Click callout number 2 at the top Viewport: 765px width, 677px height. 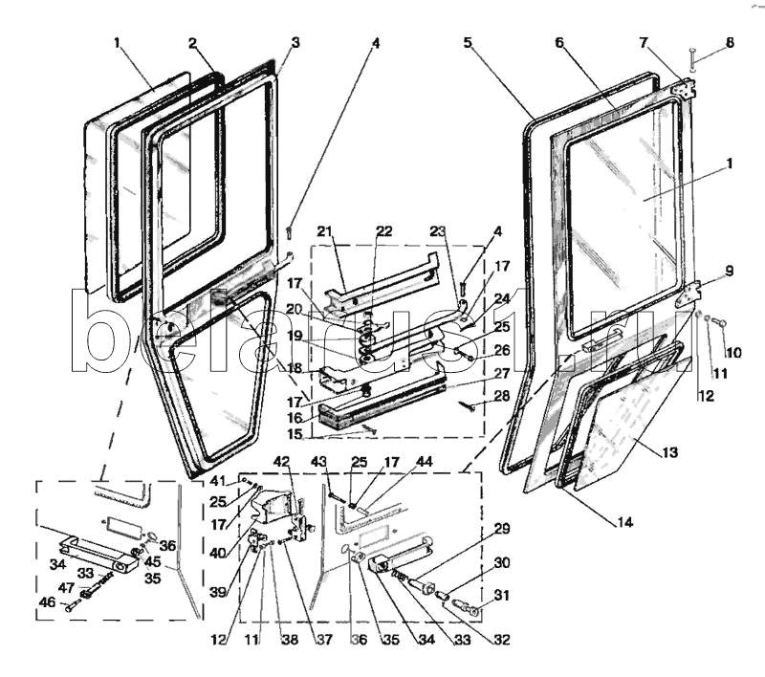pos(193,43)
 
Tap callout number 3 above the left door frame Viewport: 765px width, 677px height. pos(295,42)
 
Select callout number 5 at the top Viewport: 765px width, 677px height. pos(468,42)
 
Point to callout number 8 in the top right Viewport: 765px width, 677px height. pos(730,42)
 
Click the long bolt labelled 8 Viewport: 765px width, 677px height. pos(691,59)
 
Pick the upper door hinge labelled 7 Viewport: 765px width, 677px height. pos(685,89)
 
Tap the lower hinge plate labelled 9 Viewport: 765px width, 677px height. pos(689,295)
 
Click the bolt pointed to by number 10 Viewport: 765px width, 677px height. pos(720,321)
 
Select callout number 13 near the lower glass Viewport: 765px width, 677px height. pos(671,452)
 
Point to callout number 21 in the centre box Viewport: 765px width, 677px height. pos(324,230)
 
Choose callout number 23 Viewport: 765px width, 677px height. pos(438,230)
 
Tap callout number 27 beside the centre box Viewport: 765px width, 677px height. pos(501,374)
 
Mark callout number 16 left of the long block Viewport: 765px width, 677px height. pos(295,418)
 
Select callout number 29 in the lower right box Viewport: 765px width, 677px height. pos(501,529)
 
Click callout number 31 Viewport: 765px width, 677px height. pos(501,595)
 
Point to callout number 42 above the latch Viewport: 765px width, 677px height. pos(281,461)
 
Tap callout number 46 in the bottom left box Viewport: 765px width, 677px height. pos(47,602)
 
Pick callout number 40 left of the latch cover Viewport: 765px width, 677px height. pos(218,553)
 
